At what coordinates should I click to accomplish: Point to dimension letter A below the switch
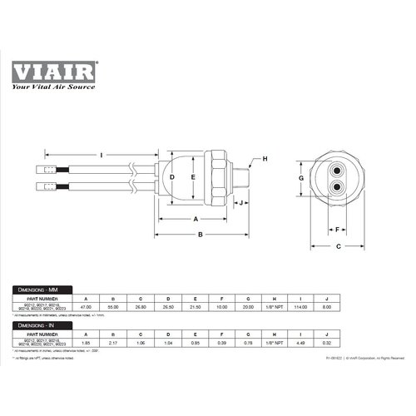click(x=195, y=219)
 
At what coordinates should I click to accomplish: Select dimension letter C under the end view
click(x=339, y=247)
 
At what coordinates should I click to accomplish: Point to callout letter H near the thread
click(x=265, y=159)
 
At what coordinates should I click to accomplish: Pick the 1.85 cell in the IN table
click(x=86, y=343)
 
